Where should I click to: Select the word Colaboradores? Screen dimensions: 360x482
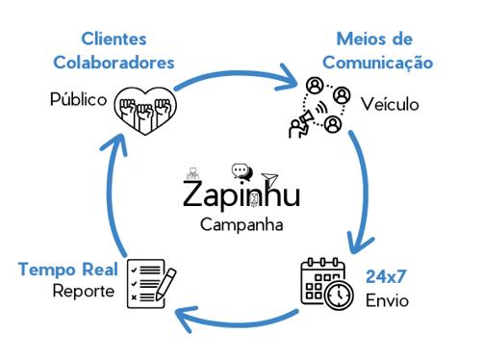tap(114, 62)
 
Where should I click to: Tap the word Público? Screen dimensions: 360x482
tap(78, 99)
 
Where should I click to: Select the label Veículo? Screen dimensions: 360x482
tap(390, 104)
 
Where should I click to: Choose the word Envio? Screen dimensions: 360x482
tap(387, 300)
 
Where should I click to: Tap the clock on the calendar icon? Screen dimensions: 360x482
tap(338, 296)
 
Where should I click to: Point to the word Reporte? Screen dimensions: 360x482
tap(84, 291)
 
